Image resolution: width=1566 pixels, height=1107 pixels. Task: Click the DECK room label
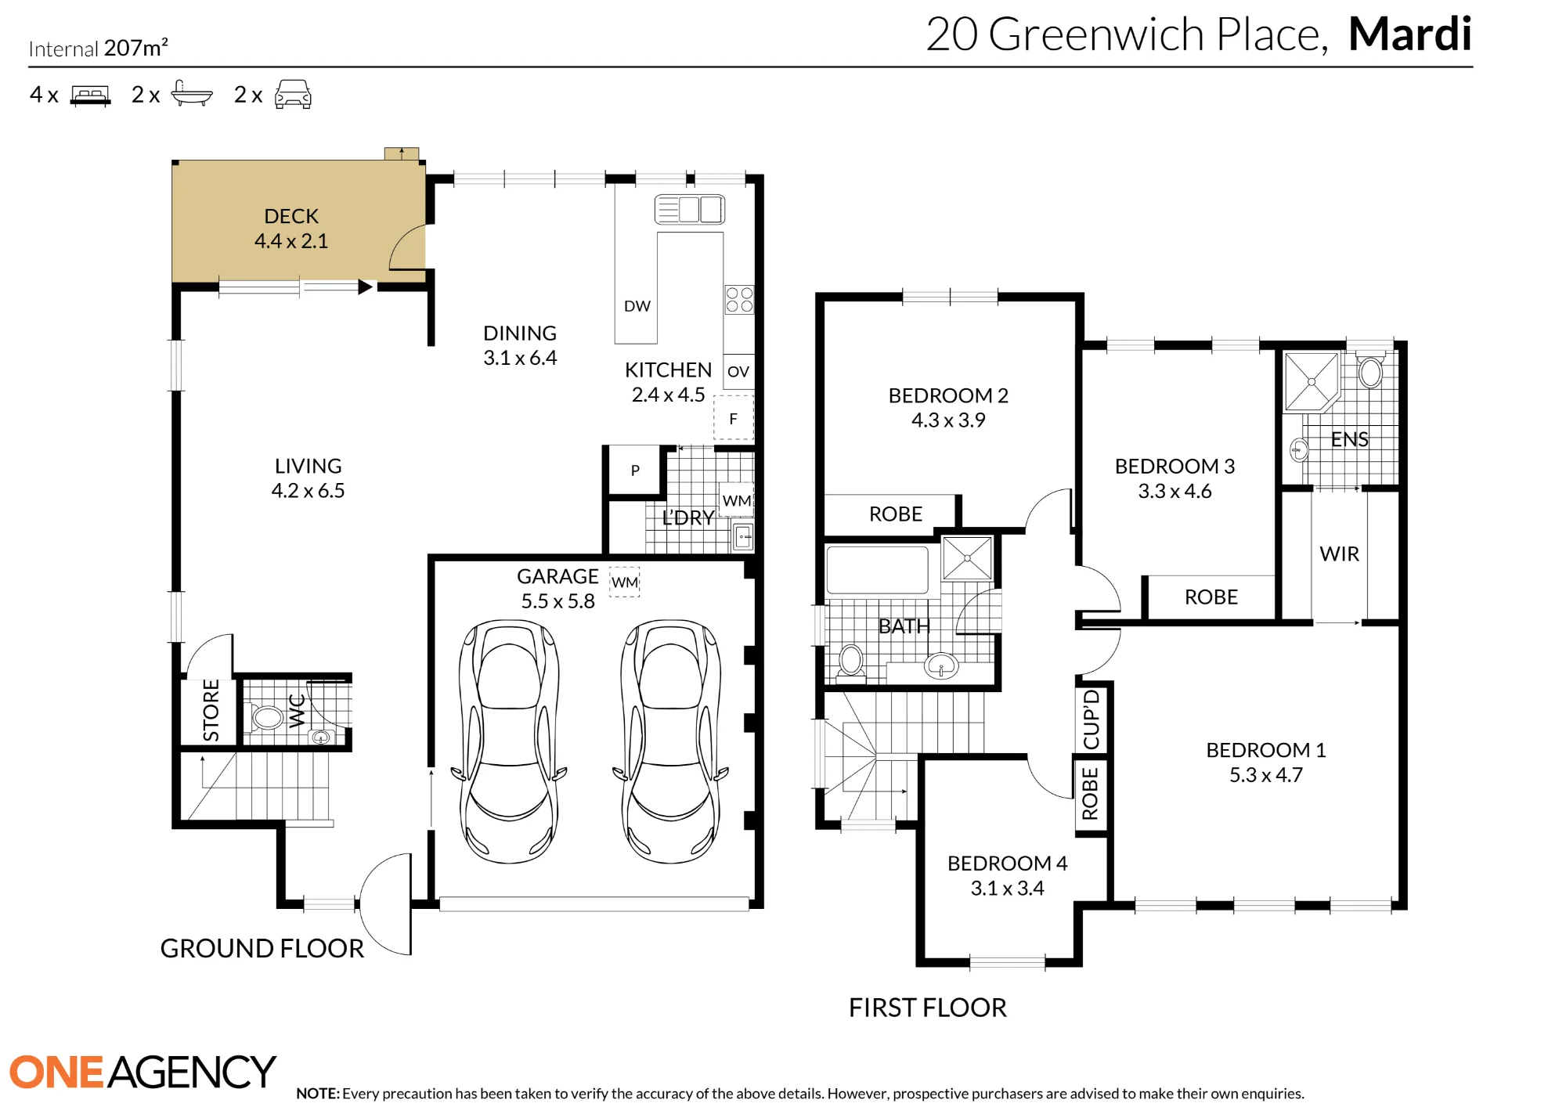pyautogui.click(x=291, y=216)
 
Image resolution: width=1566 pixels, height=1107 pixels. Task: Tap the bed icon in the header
pyautogui.click(x=90, y=96)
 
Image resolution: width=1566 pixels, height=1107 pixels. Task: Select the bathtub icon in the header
pyautogui.click(x=191, y=93)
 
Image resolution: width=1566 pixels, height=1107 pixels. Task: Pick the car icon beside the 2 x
pyautogui.click(x=293, y=94)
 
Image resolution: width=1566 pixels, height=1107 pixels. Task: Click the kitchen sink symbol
pyautogui.click(x=689, y=209)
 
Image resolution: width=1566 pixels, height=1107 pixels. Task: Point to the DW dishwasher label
pyautogui.click(x=637, y=306)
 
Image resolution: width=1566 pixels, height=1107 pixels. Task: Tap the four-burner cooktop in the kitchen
pyautogui.click(x=739, y=299)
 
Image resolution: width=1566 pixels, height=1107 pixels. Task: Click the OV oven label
pyautogui.click(x=738, y=372)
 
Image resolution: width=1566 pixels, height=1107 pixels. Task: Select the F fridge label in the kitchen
pyautogui.click(x=733, y=419)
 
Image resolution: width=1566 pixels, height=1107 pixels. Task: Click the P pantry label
pyautogui.click(x=635, y=471)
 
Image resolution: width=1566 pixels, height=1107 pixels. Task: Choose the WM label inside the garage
pyautogui.click(x=625, y=582)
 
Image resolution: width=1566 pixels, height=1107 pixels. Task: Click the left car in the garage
pyautogui.click(x=509, y=741)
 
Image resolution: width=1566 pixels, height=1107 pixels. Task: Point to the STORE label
pyautogui.click(x=211, y=710)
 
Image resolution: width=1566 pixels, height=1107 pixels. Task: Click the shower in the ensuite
pyautogui.click(x=1312, y=382)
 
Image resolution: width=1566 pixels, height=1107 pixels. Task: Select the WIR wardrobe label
pyautogui.click(x=1339, y=554)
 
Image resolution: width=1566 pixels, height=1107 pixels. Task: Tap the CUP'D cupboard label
pyautogui.click(x=1091, y=719)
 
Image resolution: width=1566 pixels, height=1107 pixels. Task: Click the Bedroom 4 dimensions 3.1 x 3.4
pyautogui.click(x=1007, y=889)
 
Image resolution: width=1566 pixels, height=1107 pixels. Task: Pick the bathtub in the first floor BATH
pyautogui.click(x=878, y=569)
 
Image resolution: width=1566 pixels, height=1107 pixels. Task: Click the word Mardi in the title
pyautogui.click(x=1409, y=34)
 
